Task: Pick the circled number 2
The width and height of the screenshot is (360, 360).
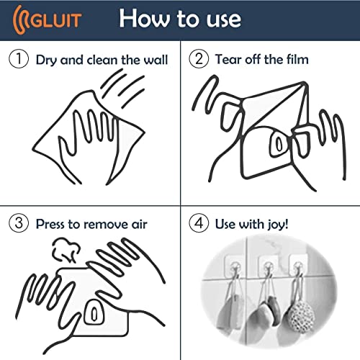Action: tap(198, 59)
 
